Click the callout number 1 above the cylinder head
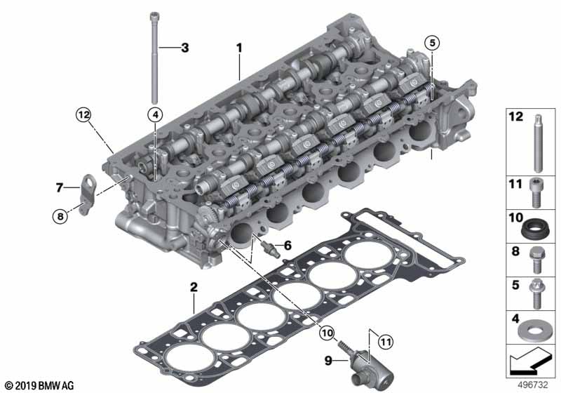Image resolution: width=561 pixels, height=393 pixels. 239,48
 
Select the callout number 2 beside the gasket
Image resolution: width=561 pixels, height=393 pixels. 193,286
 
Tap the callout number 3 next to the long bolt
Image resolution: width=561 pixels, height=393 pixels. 184,48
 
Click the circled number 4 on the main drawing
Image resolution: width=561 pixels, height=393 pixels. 154,114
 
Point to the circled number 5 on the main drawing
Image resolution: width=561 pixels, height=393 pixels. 433,43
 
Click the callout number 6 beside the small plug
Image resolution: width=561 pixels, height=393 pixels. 288,245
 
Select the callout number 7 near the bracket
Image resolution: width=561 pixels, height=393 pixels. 60,187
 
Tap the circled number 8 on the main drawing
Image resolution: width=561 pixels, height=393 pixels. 60,217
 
